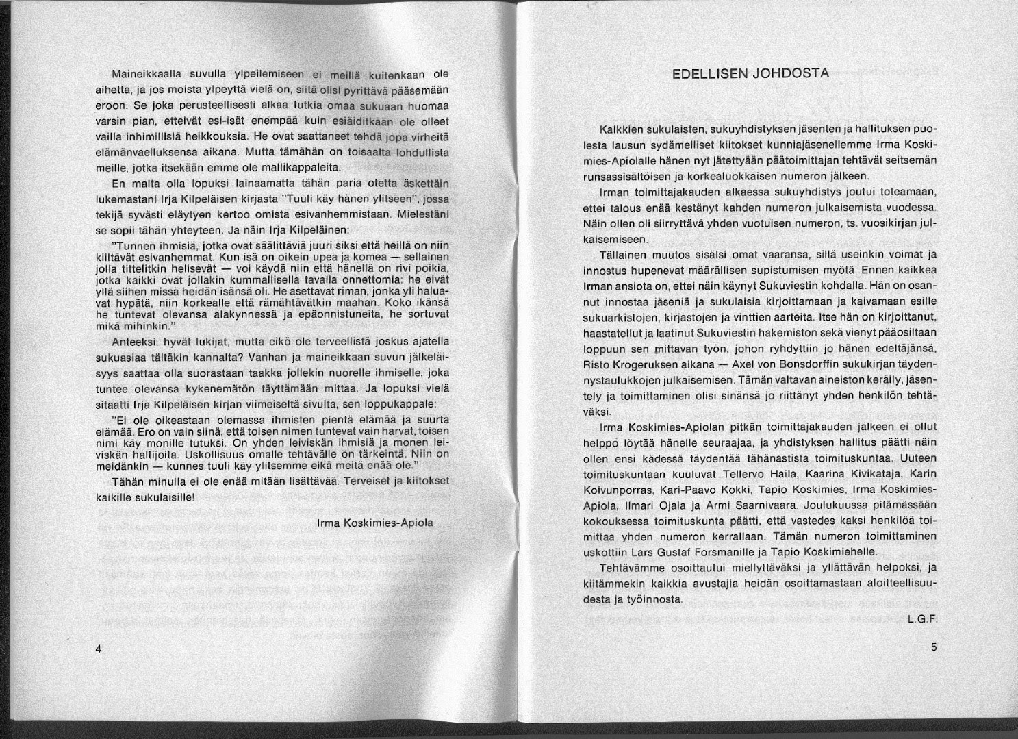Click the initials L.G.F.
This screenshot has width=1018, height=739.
921,620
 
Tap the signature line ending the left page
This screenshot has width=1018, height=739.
376,523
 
